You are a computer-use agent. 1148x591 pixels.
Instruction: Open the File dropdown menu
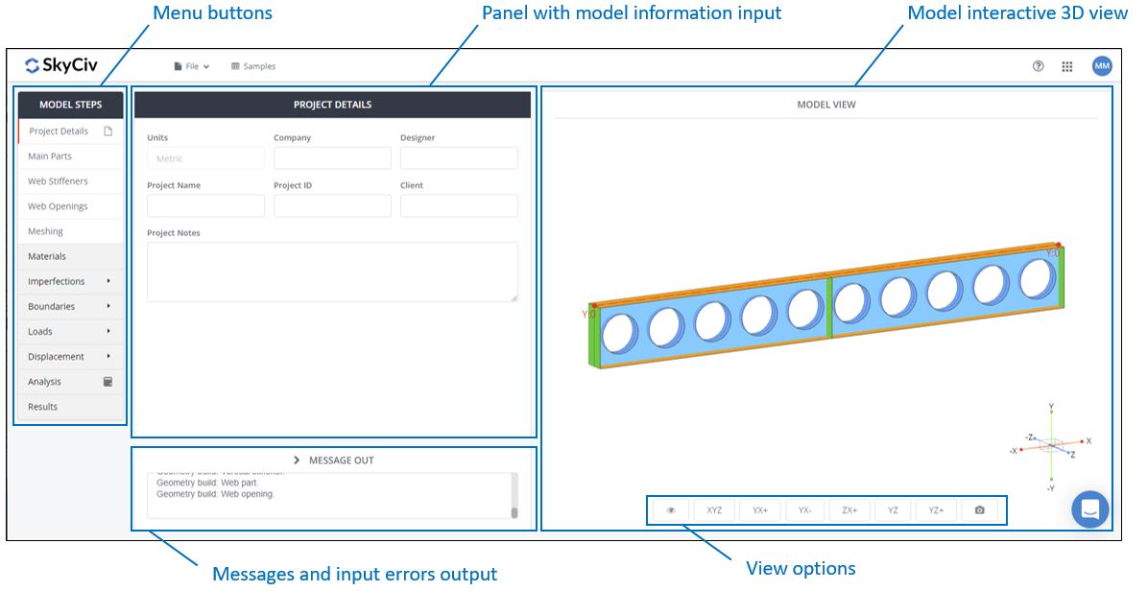(192, 66)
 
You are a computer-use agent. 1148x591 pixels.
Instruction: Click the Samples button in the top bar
(253, 66)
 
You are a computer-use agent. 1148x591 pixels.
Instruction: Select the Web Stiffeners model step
(58, 181)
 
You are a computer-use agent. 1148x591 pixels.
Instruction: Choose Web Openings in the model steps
(58, 206)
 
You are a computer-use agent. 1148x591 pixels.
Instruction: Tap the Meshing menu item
(46, 231)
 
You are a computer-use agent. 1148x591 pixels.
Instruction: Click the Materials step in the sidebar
(47, 256)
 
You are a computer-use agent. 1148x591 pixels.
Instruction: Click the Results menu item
(43, 407)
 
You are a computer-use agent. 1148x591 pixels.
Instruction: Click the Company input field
(332, 158)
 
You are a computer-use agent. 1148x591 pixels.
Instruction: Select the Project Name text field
(205, 206)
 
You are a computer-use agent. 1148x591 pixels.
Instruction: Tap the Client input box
(459, 206)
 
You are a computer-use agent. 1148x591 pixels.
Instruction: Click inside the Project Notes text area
(332, 272)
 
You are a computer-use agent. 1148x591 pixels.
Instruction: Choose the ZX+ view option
(849, 510)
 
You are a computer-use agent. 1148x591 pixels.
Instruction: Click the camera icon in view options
(979, 510)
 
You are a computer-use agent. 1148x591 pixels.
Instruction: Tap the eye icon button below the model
(671, 510)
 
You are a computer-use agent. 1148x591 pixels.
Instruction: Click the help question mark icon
(1038, 66)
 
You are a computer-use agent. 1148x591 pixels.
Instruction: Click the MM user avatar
(1101, 66)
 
